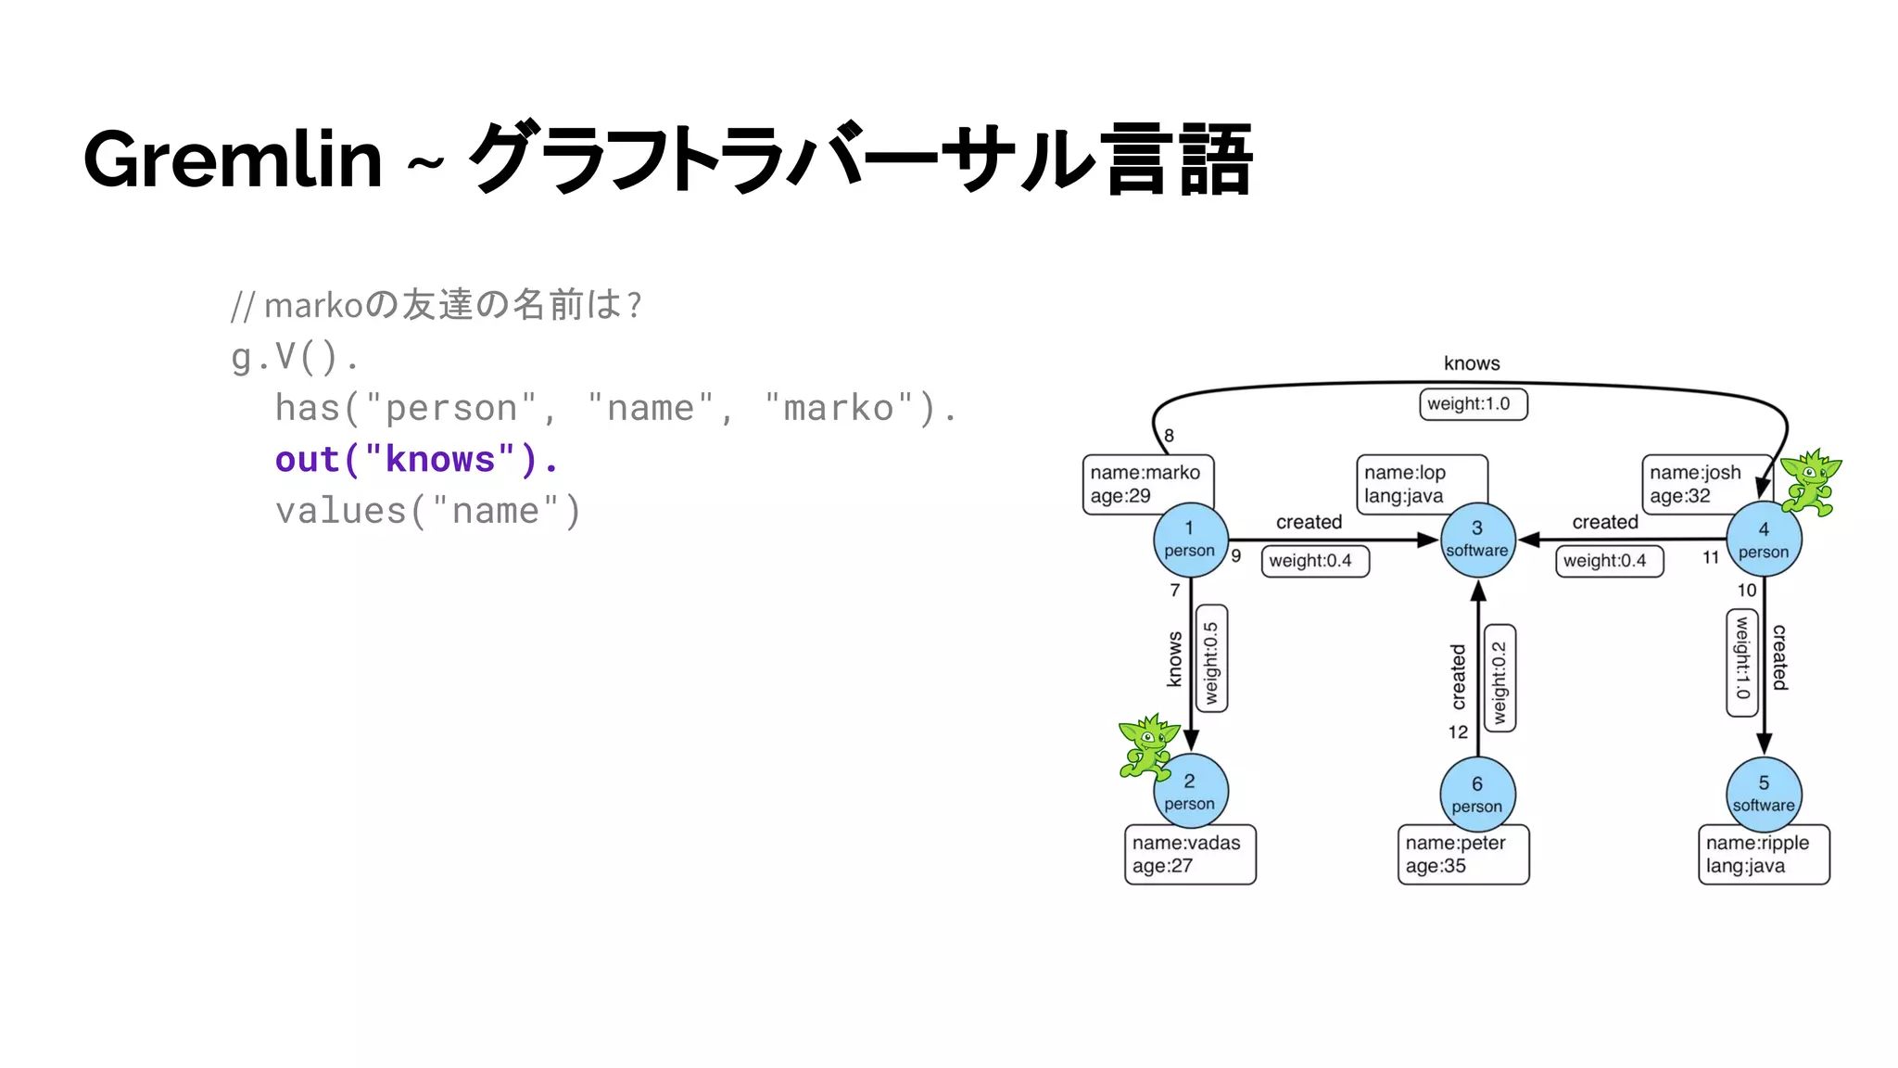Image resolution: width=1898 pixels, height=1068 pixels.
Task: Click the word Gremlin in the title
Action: pos(233,159)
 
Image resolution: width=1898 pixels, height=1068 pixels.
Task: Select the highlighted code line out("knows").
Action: pos(416,460)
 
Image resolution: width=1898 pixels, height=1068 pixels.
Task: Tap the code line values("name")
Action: pos(427,511)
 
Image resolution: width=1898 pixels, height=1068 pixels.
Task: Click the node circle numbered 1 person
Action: pos(1190,540)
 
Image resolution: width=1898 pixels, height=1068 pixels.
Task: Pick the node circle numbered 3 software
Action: pos(1477,540)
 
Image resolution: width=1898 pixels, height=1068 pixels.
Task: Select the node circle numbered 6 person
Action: pos(1477,795)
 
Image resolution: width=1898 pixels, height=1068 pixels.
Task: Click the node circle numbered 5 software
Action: pos(1764,795)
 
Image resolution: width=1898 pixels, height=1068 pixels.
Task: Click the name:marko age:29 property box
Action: pos(1147,483)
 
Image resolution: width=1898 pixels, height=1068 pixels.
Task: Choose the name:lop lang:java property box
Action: pos(1421,483)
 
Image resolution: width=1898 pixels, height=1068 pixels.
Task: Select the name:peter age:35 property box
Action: pos(1462,854)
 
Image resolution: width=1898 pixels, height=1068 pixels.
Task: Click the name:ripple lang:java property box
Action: pos(1763,854)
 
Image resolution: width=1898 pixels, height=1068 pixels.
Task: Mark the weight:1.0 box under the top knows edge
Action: pos(1473,404)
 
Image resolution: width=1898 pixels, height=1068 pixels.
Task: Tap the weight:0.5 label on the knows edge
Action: pos(1211,659)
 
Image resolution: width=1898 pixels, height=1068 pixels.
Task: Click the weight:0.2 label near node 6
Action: pos(1499,678)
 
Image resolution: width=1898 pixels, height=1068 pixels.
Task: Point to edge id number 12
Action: pos(1458,732)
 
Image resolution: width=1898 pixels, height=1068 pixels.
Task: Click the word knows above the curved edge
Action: pos(1472,363)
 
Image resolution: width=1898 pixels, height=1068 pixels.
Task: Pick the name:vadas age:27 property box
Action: pos(1190,854)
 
